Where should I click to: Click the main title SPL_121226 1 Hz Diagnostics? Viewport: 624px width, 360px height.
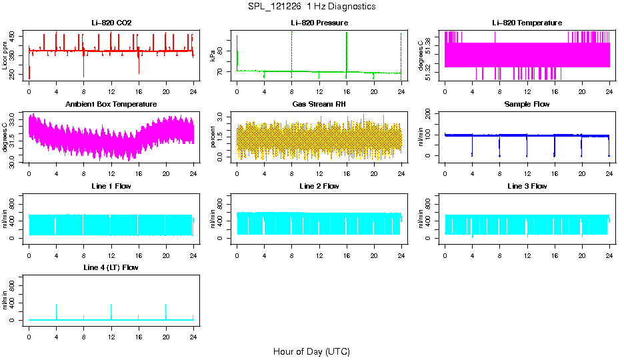click(x=311, y=7)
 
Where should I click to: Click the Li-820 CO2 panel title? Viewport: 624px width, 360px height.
click(x=111, y=23)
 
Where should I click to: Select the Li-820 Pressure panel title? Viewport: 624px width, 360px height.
click(x=319, y=23)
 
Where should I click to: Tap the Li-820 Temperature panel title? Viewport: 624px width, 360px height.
click(x=527, y=23)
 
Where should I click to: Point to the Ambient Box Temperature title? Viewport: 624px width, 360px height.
click(x=111, y=104)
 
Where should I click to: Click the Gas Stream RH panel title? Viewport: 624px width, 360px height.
click(x=319, y=104)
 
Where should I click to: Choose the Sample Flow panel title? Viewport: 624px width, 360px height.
click(x=527, y=104)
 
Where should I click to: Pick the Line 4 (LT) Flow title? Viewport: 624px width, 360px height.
click(x=111, y=267)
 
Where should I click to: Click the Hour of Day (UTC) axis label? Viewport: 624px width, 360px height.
click(x=311, y=351)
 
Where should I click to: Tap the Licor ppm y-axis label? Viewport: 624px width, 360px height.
click(x=6, y=55)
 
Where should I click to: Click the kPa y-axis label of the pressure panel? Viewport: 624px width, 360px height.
click(x=213, y=55)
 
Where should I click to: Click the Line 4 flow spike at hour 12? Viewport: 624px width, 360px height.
click(x=111, y=307)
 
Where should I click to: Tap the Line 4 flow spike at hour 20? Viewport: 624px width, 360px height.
click(x=166, y=307)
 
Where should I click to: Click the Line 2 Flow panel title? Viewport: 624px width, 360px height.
click(x=319, y=186)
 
